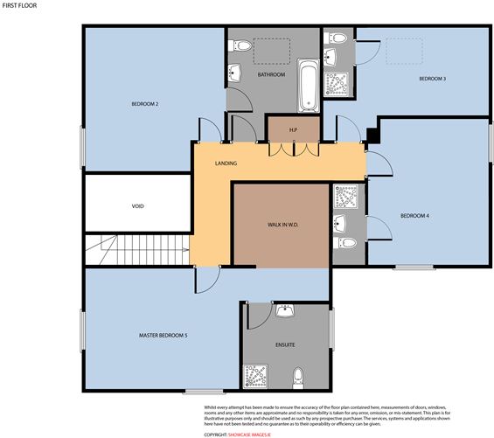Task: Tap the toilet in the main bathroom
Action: click(242, 45)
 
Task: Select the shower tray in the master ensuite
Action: click(256, 375)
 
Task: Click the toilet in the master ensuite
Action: click(298, 376)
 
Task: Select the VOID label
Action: click(137, 206)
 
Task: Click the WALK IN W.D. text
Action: click(282, 225)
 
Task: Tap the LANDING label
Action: click(226, 163)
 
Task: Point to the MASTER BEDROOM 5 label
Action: click(164, 335)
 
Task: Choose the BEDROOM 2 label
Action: click(144, 104)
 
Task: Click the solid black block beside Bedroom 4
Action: click(372, 135)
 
